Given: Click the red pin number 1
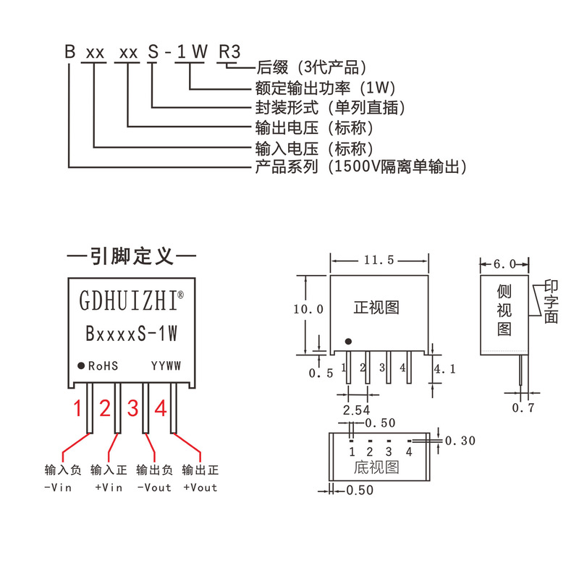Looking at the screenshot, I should [78, 409].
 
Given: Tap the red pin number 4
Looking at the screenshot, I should [161, 409].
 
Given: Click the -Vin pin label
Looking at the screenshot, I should [58, 488].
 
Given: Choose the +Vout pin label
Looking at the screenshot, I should [200, 488].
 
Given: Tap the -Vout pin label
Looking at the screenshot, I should [154, 488].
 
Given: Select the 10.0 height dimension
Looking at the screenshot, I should [308, 308].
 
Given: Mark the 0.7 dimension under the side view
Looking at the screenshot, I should [523, 407].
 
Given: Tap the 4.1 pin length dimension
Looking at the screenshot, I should [444, 369].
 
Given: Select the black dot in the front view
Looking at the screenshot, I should [348, 342].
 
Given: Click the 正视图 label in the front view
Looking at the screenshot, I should [376, 307].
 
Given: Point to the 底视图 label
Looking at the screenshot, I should [376, 468].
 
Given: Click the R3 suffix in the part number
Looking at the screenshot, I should [229, 52].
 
